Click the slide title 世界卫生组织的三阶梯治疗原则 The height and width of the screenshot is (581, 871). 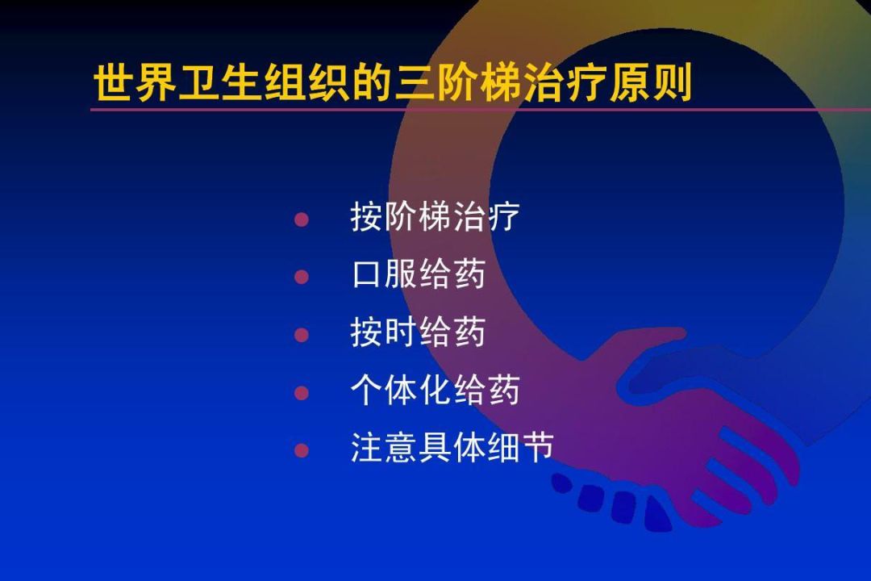(393, 84)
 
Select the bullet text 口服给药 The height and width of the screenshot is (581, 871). (419, 275)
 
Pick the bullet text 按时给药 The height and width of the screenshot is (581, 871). (419, 332)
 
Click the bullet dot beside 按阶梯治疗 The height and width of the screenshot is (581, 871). (302, 219)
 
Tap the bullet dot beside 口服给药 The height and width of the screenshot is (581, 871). (302, 277)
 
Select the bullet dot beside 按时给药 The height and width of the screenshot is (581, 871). (302, 334)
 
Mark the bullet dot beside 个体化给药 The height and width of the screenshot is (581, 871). (302, 393)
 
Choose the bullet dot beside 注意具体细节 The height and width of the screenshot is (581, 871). (302, 450)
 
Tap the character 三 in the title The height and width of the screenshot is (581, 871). (414, 84)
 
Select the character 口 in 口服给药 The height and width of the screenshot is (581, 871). (367, 275)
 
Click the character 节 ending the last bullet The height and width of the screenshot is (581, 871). (537, 449)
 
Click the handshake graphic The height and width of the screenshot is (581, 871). (686, 436)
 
